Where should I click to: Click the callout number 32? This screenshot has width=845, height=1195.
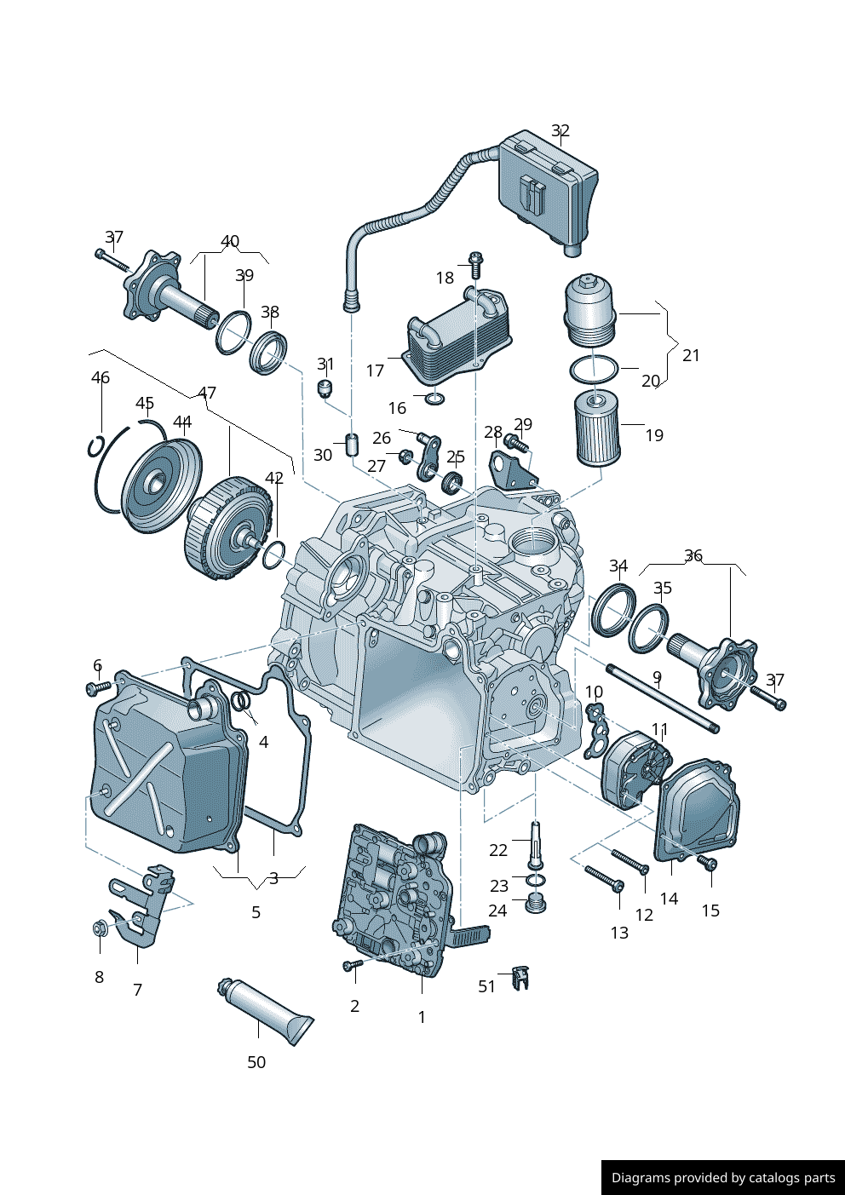[x=560, y=130]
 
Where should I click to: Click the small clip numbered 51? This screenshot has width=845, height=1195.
[x=520, y=977]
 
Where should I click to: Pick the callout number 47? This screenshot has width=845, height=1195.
[x=207, y=393]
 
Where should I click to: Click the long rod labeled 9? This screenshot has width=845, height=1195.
[x=663, y=698]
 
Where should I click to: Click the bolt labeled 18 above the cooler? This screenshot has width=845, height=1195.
[x=475, y=264]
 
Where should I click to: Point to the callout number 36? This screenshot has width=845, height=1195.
[x=693, y=555]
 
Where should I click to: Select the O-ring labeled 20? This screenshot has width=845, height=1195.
[x=593, y=370]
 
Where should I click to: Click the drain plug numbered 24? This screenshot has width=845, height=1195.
[x=535, y=903]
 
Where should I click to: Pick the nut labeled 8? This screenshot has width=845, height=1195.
[x=100, y=928]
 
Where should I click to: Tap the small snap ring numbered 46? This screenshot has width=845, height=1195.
[x=95, y=446]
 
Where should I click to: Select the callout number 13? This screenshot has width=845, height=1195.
[x=619, y=933]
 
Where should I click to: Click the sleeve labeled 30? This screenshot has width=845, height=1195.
[x=351, y=445]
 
